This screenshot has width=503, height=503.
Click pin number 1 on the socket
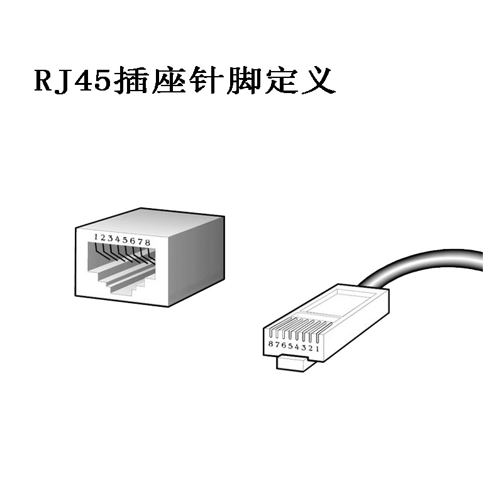coord(96,237)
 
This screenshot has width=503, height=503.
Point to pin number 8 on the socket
coord(148,242)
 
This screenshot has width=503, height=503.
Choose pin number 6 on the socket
coord(133,241)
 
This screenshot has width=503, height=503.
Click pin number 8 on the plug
coord(270,345)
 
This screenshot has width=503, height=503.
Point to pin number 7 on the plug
coord(277,345)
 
